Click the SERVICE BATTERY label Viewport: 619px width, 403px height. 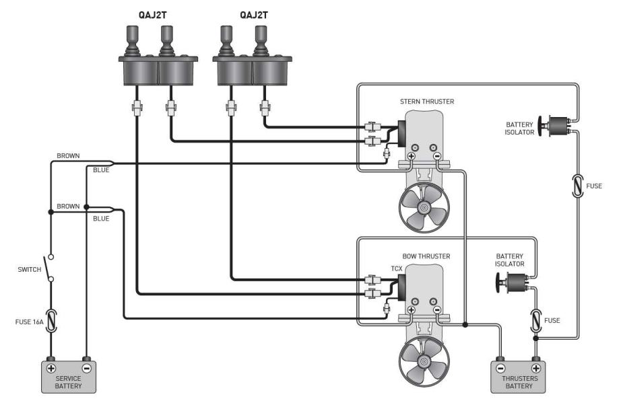click(x=69, y=381)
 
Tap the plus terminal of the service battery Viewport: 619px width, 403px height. click(x=51, y=369)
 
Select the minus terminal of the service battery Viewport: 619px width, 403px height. click(x=86, y=369)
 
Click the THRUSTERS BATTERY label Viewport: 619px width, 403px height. click(x=518, y=381)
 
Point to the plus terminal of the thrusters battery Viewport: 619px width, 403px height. click(x=536, y=369)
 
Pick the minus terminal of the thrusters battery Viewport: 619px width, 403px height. click(x=500, y=369)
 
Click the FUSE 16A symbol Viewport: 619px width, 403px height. click(x=51, y=320)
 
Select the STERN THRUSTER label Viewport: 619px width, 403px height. click(x=427, y=102)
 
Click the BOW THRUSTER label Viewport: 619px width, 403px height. click(x=426, y=256)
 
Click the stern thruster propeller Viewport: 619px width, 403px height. click(x=423, y=208)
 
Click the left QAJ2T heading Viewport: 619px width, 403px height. click(x=158, y=13)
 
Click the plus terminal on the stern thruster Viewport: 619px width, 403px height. click(x=411, y=155)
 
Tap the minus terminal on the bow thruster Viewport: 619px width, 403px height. click(x=437, y=309)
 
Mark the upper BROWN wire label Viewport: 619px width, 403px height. click(x=68, y=156)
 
